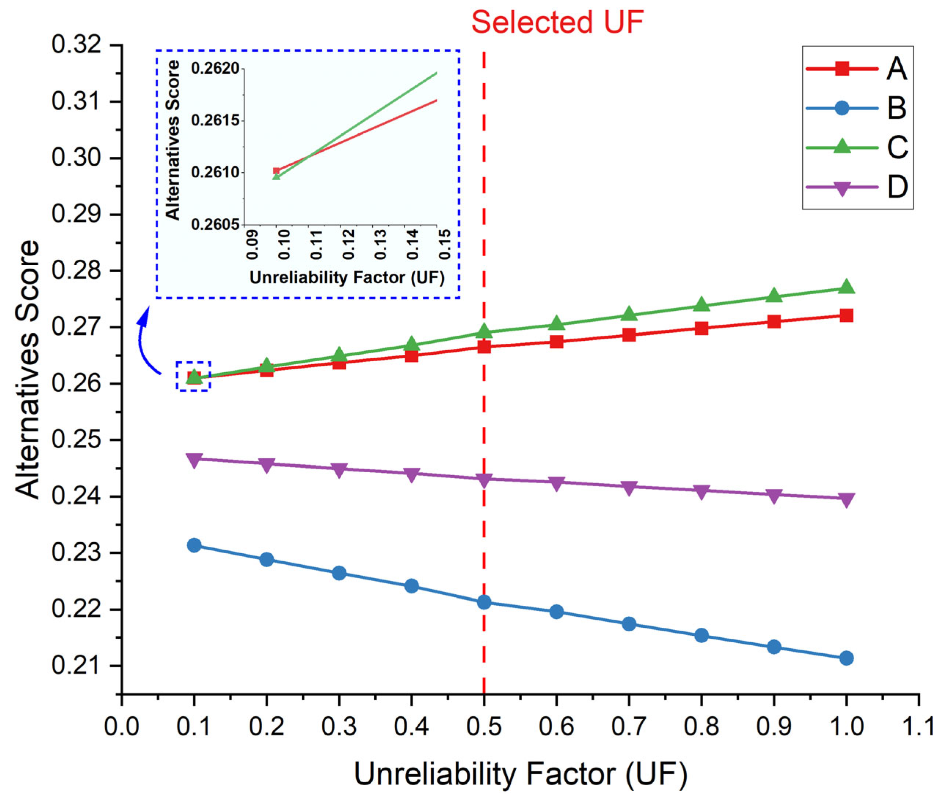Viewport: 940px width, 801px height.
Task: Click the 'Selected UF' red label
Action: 557,22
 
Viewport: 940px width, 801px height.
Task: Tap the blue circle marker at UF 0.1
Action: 194,545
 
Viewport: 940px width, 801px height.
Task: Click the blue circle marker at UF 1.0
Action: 846,658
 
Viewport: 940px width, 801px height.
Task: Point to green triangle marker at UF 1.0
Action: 846,287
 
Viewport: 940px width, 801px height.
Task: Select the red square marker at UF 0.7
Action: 629,335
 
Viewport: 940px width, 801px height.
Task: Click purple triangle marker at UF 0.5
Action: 484,480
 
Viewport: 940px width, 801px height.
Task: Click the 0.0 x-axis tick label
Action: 122,726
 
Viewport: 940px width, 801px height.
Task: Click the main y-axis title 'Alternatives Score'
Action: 27,369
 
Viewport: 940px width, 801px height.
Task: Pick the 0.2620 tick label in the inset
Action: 215,69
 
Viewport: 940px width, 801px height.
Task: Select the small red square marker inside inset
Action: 276,170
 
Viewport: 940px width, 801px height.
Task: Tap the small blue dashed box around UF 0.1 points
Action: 193,376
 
